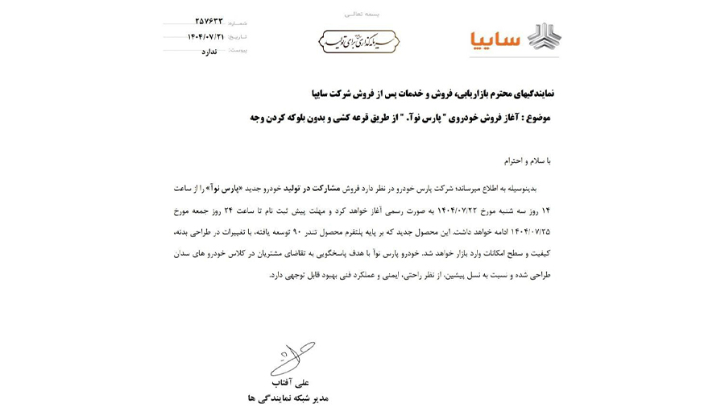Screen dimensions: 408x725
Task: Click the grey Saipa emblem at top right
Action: coord(544,37)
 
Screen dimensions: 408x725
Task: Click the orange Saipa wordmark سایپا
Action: coord(495,40)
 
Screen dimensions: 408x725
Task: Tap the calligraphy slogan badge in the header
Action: coord(358,41)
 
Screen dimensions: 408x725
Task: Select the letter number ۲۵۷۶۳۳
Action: coord(209,22)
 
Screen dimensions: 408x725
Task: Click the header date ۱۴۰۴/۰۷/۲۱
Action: coord(205,36)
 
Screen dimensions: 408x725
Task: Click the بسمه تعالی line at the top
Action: coord(362,14)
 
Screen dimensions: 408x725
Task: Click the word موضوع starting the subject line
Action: coord(536,117)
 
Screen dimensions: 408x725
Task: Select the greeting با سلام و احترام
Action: coord(527,160)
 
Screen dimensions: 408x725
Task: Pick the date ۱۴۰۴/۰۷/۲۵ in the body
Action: coord(527,231)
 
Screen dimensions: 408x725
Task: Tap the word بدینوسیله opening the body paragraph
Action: coord(532,188)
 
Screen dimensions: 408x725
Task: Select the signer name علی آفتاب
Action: coord(289,382)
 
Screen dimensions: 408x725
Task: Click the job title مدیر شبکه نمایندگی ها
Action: coord(288,398)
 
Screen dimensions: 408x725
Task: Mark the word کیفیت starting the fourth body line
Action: coord(539,253)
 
